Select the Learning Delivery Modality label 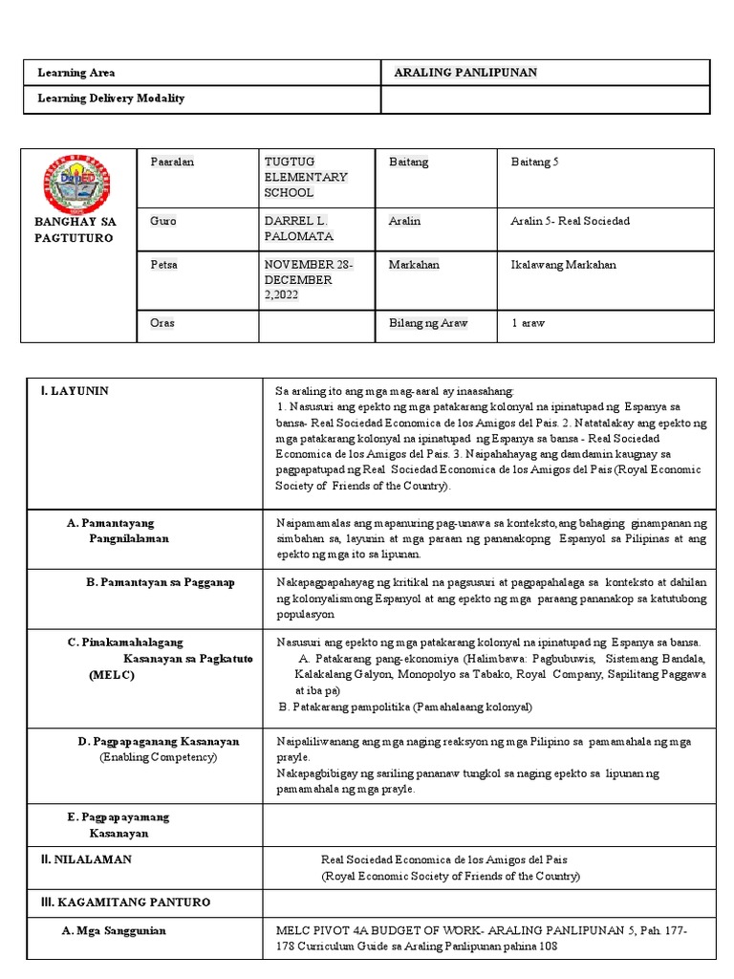[x=110, y=98]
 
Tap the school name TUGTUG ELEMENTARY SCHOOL [x=305, y=178]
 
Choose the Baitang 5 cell [x=535, y=163]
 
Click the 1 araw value [x=528, y=323]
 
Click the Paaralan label [x=172, y=163]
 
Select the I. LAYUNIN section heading [x=75, y=391]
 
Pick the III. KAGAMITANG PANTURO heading [x=124, y=903]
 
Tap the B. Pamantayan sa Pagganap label [x=161, y=582]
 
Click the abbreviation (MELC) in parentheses [x=113, y=675]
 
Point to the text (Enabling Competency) [x=159, y=757]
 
